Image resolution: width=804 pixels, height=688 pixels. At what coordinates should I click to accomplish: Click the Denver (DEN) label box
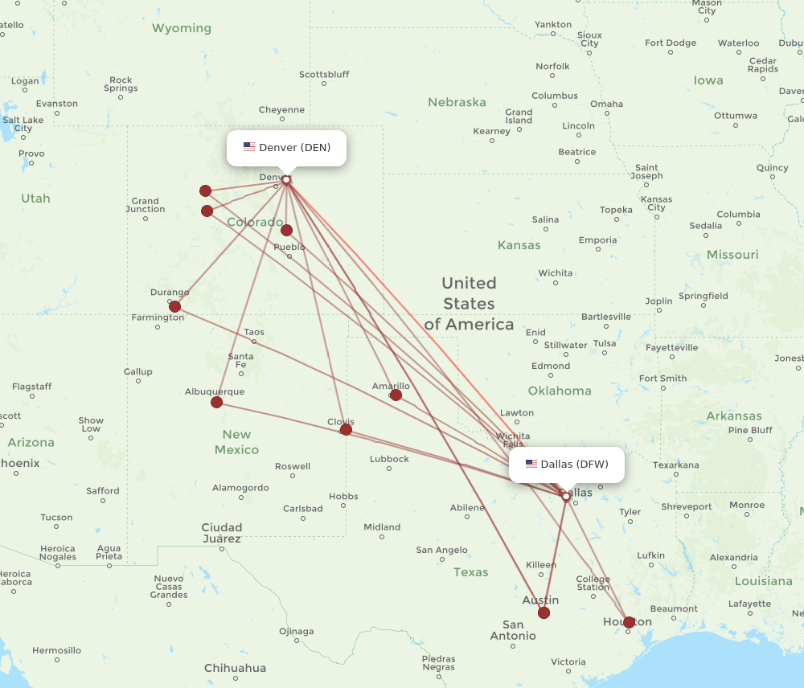(x=286, y=148)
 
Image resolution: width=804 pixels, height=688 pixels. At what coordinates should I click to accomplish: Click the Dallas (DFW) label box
(x=567, y=465)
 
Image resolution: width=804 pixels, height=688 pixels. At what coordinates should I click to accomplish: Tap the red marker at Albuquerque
(x=216, y=402)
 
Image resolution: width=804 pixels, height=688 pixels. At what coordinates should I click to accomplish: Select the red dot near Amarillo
(x=396, y=395)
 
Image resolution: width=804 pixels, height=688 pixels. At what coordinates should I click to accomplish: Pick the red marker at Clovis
(x=346, y=429)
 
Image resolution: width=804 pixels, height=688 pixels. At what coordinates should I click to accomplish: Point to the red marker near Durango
(x=174, y=306)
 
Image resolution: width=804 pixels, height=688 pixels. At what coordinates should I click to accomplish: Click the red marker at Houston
(x=629, y=621)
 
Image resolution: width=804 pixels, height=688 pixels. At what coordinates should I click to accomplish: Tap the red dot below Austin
(x=544, y=612)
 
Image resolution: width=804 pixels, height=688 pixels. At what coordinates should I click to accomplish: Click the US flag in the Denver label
(x=249, y=147)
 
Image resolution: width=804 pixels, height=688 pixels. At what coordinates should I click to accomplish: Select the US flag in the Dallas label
(x=531, y=464)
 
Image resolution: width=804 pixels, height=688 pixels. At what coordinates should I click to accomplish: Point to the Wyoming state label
(x=182, y=28)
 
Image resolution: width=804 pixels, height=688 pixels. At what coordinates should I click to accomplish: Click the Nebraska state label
(x=457, y=102)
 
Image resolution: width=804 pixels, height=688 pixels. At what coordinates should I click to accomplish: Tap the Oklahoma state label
(x=560, y=391)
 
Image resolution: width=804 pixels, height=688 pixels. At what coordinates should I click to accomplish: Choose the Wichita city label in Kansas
(x=556, y=273)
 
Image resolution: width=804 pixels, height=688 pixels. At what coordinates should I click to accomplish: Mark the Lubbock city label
(x=389, y=459)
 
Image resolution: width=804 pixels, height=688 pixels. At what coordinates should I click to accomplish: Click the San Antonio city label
(x=513, y=630)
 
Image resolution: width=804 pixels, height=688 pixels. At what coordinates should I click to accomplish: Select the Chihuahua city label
(x=235, y=668)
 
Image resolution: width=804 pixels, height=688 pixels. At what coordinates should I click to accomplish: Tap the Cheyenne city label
(x=281, y=110)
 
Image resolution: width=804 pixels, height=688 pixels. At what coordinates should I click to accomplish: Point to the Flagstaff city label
(x=32, y=387)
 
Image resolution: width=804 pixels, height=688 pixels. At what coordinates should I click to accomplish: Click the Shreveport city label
(x=687, y=507)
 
